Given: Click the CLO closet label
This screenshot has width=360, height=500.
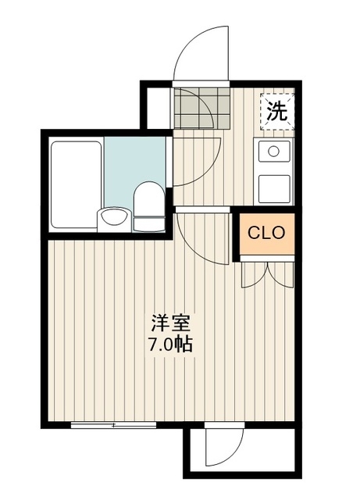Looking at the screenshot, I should [x=266, y=233].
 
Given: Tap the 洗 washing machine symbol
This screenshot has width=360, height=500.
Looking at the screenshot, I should [x=277, y=111].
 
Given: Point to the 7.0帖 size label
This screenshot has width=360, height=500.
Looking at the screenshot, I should [x=171, y=343].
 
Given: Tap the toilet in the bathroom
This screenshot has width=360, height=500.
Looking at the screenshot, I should [x=147, y=205].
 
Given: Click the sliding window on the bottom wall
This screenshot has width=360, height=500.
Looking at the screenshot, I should [x=114, y=425].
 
